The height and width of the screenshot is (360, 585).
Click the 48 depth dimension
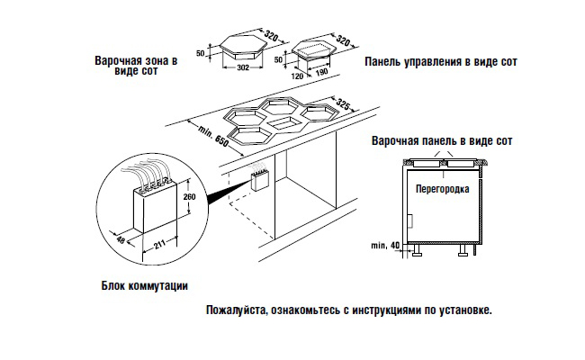[x=125, y=240]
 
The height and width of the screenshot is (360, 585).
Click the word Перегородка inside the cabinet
[x=440, y=191]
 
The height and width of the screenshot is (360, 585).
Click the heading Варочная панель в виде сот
[x=441, y=142]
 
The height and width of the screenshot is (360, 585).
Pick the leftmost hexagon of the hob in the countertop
[x=245, y=116]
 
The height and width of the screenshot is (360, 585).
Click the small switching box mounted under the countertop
[x=261, y=179]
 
